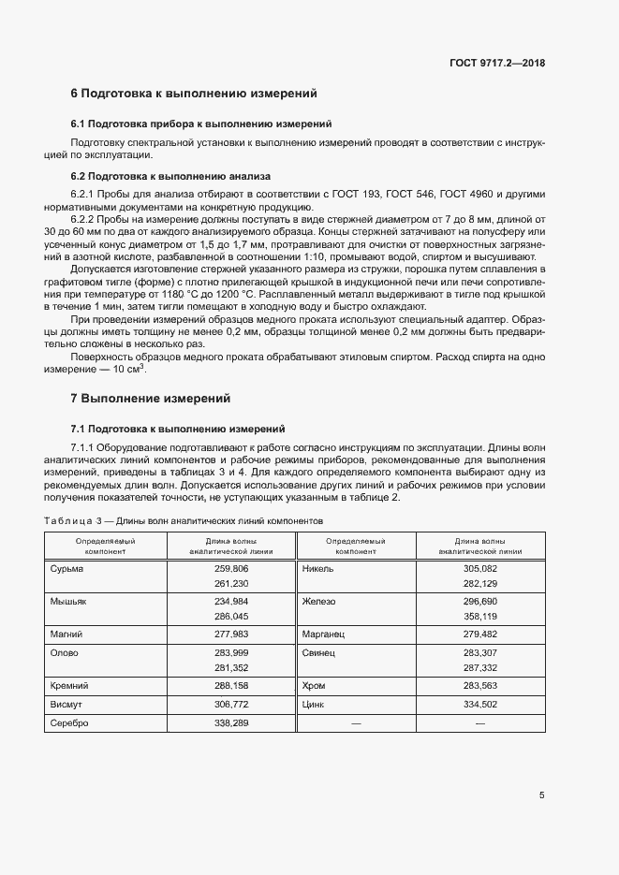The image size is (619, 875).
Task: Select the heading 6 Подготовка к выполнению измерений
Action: tap(194, 94)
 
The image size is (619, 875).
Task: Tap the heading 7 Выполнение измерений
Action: tap(150, 399)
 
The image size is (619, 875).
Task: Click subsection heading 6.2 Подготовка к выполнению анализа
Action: tap(170, 175)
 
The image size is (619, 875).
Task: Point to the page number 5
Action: tap(542, 795)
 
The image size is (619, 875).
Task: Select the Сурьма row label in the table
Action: tap(66, 568)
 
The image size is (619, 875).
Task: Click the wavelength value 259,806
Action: tap(231, 568)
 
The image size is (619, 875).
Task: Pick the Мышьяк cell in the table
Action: tap(68, 601)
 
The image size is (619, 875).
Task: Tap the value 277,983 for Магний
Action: tap(231, 634)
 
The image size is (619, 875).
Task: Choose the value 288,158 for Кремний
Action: tap(231, 686)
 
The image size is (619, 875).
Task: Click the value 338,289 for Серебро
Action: tap(231, 722)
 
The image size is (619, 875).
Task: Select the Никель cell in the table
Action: tap(319, 568)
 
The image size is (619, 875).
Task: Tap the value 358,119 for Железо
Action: tap(480, 617)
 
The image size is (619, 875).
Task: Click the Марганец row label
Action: tap(325, 634)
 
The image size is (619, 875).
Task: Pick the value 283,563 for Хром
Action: tap(480, 686)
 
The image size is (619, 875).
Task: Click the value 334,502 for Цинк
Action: tap(480, 704)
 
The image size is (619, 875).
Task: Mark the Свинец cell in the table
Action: tap(319, 652)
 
